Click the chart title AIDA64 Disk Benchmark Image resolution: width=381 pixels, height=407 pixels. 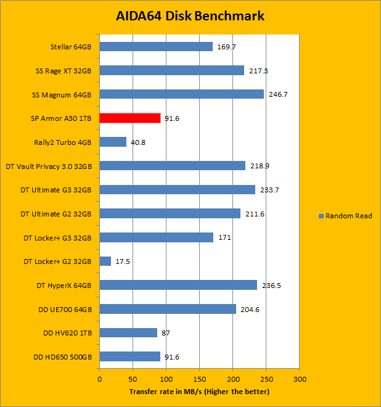tap(190, 16)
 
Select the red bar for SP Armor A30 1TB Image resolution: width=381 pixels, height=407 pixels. tap(130, 118)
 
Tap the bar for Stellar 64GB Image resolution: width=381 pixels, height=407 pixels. tap(156, 46)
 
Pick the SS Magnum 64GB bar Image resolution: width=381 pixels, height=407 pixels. tap(181, 94)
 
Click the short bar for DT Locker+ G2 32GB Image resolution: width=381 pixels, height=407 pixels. tap(105, 261)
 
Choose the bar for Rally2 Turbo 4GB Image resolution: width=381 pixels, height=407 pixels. tap(113, 142)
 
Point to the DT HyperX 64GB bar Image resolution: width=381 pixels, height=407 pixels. tap(178, 285)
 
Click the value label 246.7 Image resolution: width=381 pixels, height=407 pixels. tap(278, 94)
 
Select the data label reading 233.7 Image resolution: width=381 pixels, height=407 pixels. tap(269, 190)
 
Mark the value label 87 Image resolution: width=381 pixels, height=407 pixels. tap(166, 333)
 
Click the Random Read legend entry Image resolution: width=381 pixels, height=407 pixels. tap(345, 216)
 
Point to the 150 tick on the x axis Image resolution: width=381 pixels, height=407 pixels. tap(199, 379)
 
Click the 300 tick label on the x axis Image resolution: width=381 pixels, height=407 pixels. tap(299, 379)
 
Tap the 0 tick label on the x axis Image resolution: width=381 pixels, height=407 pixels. tap(99, 379)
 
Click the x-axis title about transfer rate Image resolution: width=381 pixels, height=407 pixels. tap(199, 392)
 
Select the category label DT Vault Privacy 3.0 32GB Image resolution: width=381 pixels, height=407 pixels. tap(49, 166)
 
